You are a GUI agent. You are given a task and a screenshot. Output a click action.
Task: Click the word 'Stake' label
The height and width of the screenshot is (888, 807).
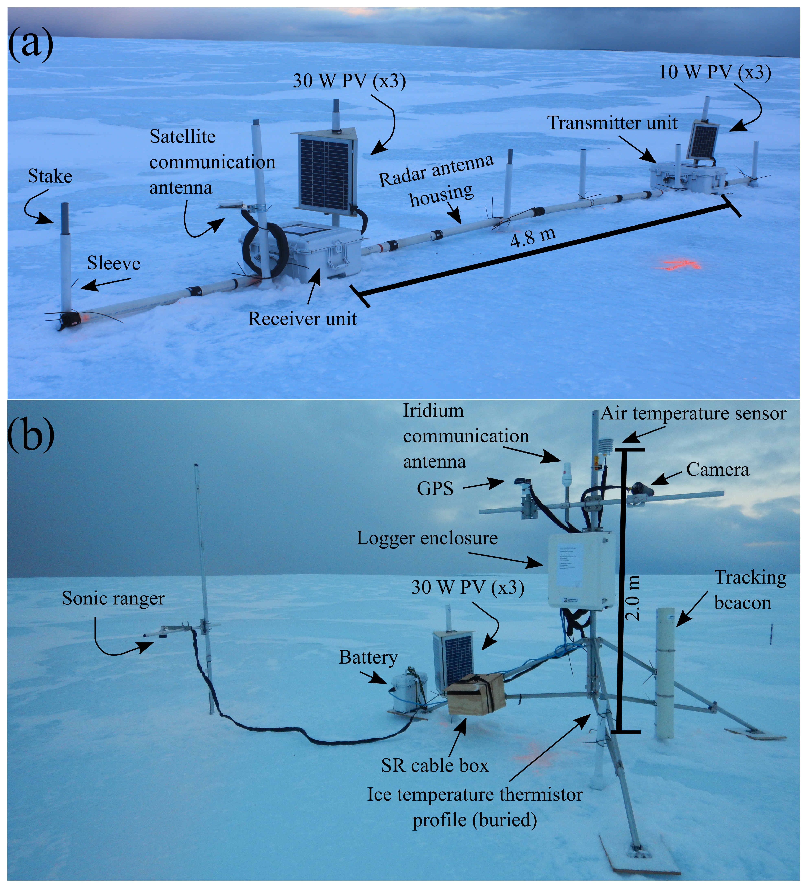pyautogui.click(x=50, y=176)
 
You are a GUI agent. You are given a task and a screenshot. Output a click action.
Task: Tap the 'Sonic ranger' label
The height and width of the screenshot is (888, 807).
pyautogui.click(x=113, y=598)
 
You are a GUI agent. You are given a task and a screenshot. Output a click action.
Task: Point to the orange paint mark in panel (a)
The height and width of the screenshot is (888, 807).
pyautogui.click(x=681, y=264)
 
